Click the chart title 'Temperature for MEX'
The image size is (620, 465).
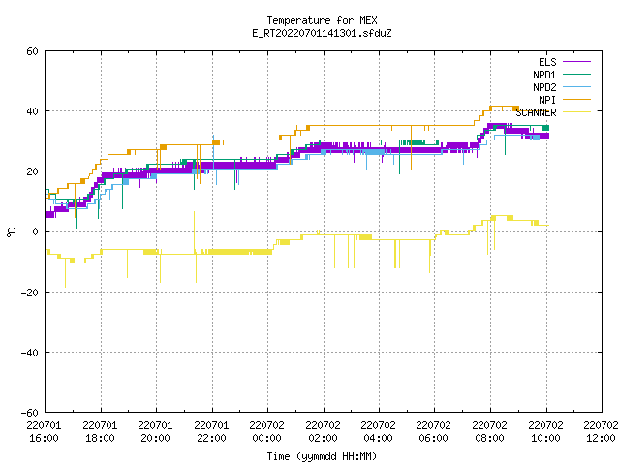pyautogui.click(x=322, y=20)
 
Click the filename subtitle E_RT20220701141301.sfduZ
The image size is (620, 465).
pyautogui.click(x=322, y=33)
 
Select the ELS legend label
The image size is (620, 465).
pyautogui.click(x=547, y=62)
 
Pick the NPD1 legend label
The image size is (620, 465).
pyautogui.click(x=544, y=75)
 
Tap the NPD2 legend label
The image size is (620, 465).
pyautogui.click(x=544, y=87)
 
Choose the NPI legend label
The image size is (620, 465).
pyautogui.click(x=547, y=100)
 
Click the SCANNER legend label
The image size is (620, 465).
pyautogui.click(x=536, y=112)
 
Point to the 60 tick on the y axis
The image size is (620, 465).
pyautogui.click(x=32, y=51)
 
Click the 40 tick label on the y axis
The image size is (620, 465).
pyautogui.click(x=32, y=111)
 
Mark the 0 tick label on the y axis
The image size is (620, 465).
pyautogui.click(x=36, y=232)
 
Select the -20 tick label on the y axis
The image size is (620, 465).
pyautogui.click(x=30, y=293)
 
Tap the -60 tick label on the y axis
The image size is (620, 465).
pyautogui.click(x=30, y=413)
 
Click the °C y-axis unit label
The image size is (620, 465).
pyautogui.click(x=11, y=232)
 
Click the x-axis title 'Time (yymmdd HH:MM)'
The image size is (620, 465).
pyautogui.click(x=322, y=456)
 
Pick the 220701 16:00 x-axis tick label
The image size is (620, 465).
pyautogui.click(x=44, y=432)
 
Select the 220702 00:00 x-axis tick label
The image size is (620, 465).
pyautogui.click(x=267, y=432)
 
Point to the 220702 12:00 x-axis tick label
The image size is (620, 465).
pyautogui.click(x=601, y=432)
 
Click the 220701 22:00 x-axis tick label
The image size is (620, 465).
pyautogui.click(x=211, y=432)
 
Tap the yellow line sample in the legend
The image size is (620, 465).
pyautogui.click(x=577, y=112)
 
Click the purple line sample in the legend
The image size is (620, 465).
pyautogui.click(x=577, y=62)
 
